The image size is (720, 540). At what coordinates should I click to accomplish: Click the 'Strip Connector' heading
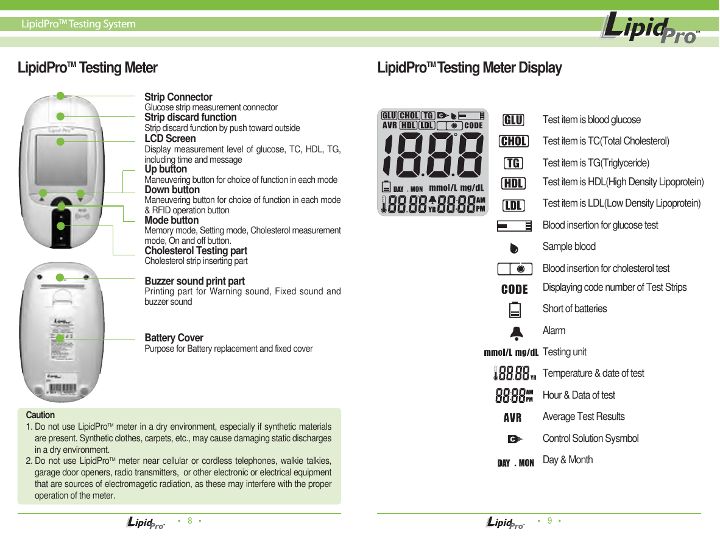[178, 98]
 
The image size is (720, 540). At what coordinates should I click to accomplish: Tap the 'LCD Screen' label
[170, 138]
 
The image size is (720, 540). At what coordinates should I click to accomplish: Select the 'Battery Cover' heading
[174, 338]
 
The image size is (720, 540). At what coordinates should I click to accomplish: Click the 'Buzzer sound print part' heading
[194, 281]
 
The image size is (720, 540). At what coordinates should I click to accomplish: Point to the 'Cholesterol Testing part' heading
[196, 250]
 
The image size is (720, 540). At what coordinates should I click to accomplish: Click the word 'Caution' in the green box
[40, 415]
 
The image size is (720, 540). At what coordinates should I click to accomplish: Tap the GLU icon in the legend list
[514, 119]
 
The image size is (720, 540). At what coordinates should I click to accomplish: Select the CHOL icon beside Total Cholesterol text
[514, 141]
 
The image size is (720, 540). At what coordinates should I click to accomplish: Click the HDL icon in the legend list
[514, 183]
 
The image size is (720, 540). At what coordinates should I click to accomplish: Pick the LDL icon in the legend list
[514, 205]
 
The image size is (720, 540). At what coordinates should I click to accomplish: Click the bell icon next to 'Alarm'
[515, 332]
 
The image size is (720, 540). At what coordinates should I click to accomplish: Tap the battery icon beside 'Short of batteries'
[515, 310]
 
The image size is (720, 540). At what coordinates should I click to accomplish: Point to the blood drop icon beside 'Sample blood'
[514, 248]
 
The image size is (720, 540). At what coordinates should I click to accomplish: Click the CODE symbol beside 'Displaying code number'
[514, 290]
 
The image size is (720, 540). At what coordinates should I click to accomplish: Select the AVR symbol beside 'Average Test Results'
[512, 418]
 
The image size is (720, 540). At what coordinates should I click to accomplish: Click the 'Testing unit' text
[565, 352]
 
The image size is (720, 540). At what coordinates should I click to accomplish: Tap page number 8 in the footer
[190, 521]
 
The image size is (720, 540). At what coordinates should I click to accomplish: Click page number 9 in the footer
[550, 521]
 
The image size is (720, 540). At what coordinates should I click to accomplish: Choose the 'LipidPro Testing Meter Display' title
[470, 68]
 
